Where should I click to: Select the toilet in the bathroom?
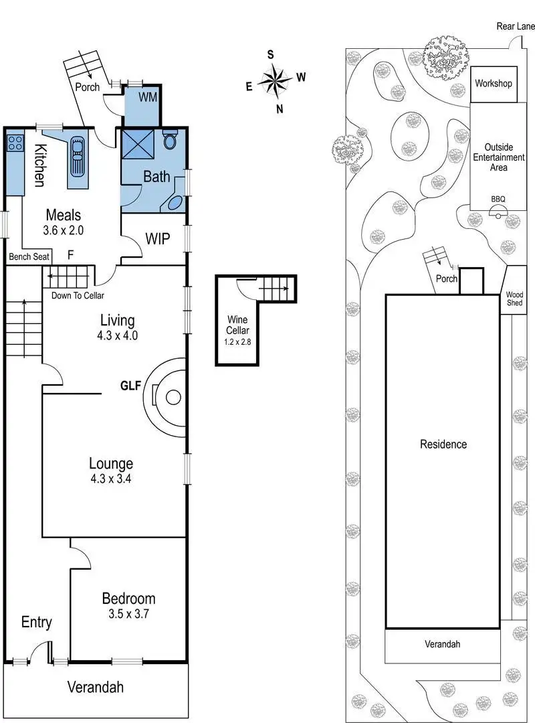170,141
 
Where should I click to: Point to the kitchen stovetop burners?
15,142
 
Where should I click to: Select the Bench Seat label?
27,256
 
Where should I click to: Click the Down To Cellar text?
78,295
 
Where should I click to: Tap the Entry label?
36,622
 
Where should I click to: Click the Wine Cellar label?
238,325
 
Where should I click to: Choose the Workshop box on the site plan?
494,84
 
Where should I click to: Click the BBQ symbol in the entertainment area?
499,212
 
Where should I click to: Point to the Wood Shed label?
515,299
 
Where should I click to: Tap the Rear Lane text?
516,26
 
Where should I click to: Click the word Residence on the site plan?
443,444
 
